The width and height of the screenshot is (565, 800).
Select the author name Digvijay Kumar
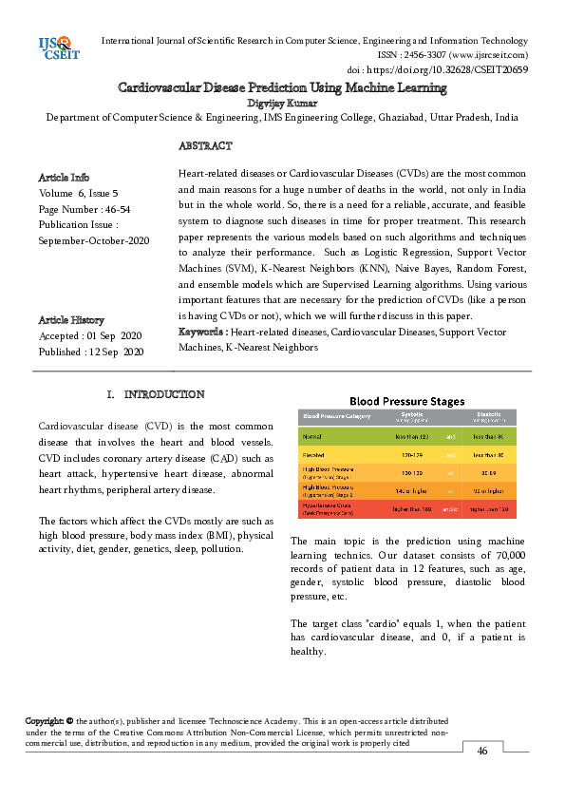282,103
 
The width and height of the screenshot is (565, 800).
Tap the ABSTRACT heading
205,146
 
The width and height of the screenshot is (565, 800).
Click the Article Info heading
64,178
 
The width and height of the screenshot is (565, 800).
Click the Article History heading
71,320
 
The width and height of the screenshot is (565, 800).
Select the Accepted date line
90,336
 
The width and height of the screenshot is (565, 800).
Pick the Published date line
91,352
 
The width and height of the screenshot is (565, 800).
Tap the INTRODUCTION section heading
163,394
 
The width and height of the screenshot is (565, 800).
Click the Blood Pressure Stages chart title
409,401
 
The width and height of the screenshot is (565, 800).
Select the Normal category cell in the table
312,435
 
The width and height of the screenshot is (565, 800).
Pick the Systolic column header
412,415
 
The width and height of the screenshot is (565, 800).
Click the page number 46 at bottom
482,751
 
